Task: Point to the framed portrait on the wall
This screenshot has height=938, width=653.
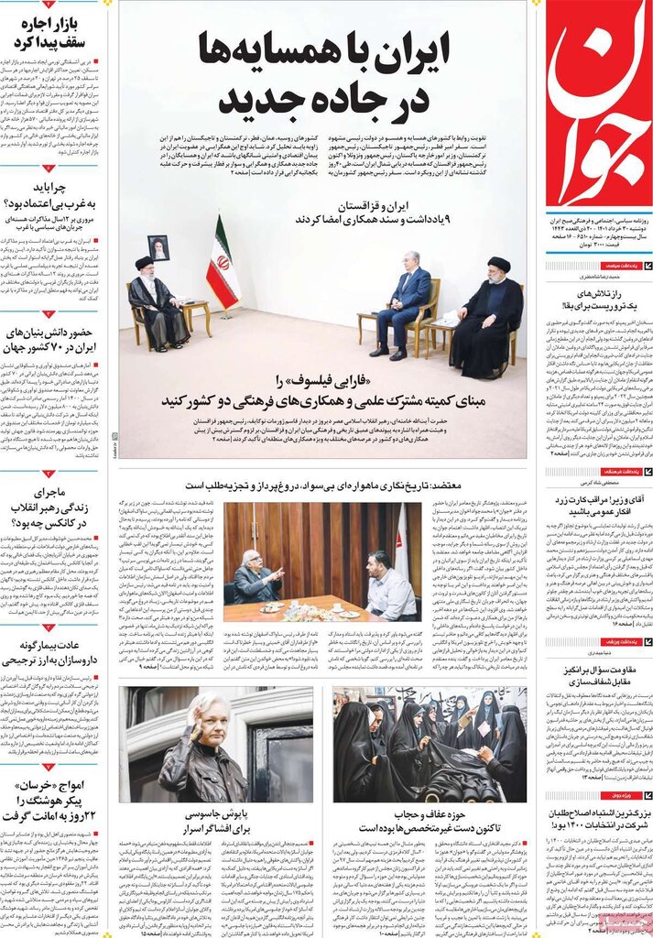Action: (158, 247)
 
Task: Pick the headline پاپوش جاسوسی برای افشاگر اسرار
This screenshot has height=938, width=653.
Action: (218, 821)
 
